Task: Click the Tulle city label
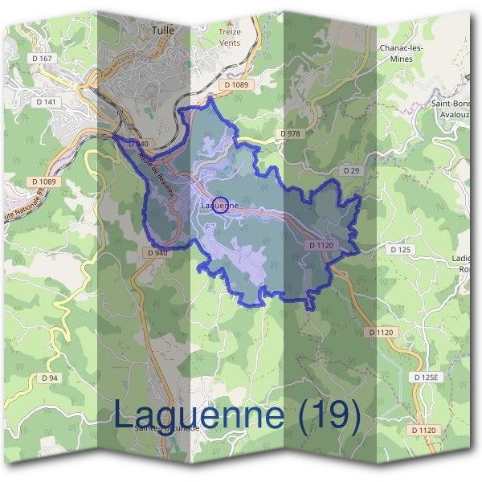point(162,30)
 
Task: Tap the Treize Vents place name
point(230,36)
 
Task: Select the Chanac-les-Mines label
point(401,54)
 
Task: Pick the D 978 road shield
point(290,133)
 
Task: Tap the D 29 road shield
point(350,171)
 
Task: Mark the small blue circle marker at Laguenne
point(223,204)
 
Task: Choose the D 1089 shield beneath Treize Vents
point(239,84)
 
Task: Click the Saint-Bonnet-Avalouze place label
point(455,109)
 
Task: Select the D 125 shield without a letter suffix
point(400,250)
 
